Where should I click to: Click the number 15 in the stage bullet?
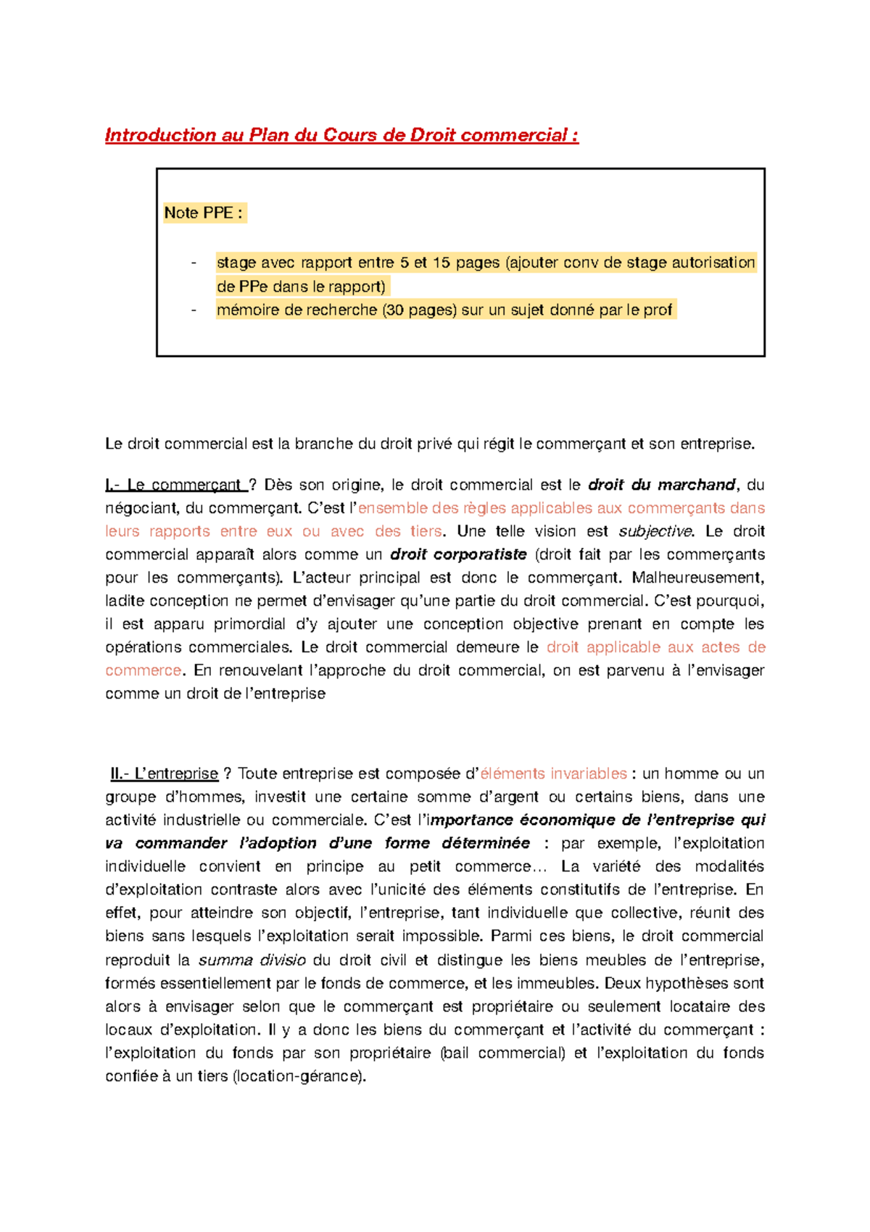(x=442, y=263)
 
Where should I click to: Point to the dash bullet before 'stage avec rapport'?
(x=194, y=263)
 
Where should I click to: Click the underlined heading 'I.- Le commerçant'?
(x=174, y=485)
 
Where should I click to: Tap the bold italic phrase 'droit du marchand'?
(x=661, y=485)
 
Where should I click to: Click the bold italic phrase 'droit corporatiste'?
(x=458, y=554)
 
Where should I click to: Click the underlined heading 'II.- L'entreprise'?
(x=165, y=773)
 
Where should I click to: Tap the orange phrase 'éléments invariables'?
(x=554, y=773)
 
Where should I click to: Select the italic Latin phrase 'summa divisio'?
(x=252, y=960)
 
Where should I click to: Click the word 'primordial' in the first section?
(x=250, y=624)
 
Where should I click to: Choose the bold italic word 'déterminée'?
(x=486, y=843)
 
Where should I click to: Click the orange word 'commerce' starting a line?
(x=143, y=670)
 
